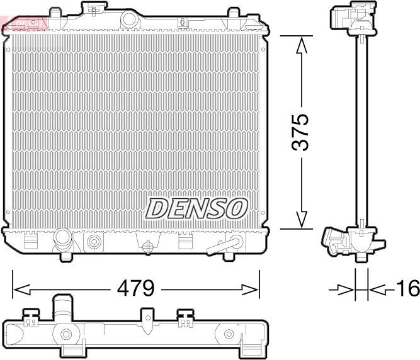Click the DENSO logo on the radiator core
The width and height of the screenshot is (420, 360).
pyautogui.click(x=197, y=208)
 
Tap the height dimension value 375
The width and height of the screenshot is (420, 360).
pyautogui.click(x=302, y=132)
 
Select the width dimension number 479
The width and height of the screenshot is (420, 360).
pyautogui.click(x=134, y=289)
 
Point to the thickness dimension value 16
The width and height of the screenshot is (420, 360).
pyautogui.click(x=407, y=289)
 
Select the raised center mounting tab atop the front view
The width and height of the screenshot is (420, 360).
pyautogui.click(x=93, y=9)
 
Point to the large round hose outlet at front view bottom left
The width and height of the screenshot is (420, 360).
pyautogui.click(x=64, y=240)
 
